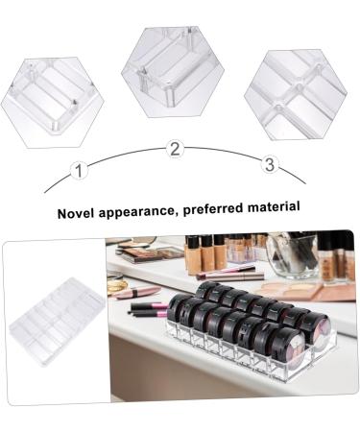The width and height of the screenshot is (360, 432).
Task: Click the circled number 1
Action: coord(80,171)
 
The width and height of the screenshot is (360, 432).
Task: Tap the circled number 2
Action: coord(175,148)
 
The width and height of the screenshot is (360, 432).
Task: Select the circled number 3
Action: coord(269,165)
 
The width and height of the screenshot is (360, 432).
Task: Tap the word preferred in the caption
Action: coord(220,206)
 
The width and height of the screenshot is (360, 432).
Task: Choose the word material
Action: coord(276,205)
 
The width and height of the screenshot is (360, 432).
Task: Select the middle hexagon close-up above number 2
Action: coord(173,72)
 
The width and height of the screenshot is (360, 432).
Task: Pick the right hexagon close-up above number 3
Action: coord(295,94)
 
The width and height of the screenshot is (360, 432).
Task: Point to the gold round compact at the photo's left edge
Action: coord(115,286)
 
